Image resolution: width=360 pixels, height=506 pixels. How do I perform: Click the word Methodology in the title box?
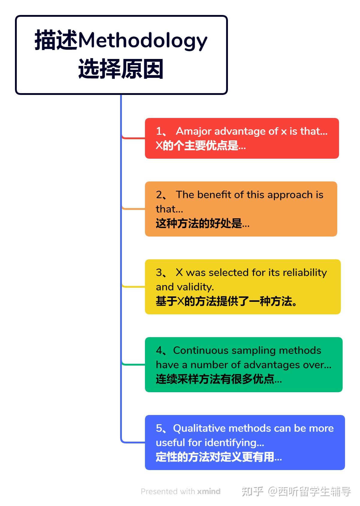point(142,41)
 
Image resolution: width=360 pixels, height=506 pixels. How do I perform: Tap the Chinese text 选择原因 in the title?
point(121,69)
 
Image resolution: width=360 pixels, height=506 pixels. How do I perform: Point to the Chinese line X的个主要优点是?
point(200,145)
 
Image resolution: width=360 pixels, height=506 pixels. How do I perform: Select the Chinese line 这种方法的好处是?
point(202,223)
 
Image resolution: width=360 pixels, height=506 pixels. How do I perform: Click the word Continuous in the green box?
point(201,351)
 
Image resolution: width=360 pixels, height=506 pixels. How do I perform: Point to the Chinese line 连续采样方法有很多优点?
point(219,379)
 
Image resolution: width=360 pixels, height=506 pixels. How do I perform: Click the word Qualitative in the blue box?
point(199,428)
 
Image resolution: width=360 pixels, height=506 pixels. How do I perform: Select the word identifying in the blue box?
point(234,443)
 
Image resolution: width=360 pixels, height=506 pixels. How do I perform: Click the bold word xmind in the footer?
point(209,491)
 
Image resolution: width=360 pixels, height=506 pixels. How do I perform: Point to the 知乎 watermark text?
point(252,491)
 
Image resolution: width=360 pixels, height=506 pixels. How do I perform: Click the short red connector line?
point(133,137)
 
